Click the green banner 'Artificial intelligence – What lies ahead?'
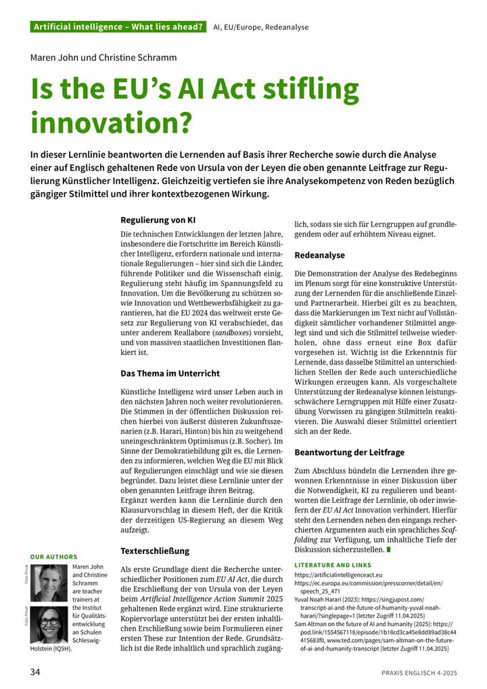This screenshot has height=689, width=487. pos(118,27)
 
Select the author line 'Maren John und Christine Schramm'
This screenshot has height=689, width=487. pos(103,57)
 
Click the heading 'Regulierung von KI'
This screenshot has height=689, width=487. pos(158,220)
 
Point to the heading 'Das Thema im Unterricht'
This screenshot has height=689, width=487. pos(170,373)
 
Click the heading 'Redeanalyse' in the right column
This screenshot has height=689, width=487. pos(320,256)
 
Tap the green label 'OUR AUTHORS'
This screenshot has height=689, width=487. pos(54,556)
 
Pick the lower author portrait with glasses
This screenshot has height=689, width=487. pos(49,625)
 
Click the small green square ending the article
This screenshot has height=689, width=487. pos(388,550)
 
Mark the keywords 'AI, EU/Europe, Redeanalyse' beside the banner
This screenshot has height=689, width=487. pos(261,27)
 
